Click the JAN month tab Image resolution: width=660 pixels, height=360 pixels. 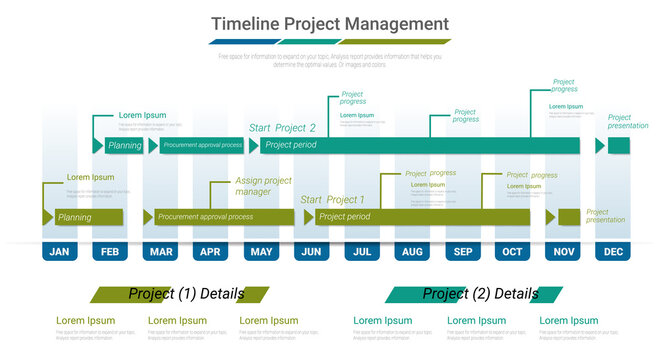(x=60, y=252)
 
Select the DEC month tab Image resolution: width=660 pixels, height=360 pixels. (x=612, y=252)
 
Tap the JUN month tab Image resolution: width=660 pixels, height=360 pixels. (x=311, y=252)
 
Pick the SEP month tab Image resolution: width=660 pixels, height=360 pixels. (x=462, y=252)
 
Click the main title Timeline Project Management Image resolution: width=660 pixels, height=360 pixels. (x=330, y=24)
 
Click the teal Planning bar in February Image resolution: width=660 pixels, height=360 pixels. (x=124, y=146)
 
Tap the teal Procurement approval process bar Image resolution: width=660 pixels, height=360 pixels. (x=202, y=146)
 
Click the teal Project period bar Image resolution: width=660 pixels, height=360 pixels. (x=425, y=146)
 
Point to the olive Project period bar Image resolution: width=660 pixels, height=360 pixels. (x=420, y=217)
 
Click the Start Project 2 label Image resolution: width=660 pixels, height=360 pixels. (x=282, y=128)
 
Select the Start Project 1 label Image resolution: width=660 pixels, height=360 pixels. (x=332, y=200)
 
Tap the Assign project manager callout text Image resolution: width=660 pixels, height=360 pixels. (x=263, y=186)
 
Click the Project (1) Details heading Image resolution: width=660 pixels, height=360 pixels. (x=185, y=294)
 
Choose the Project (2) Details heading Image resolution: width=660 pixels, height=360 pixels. (x=480, y=294)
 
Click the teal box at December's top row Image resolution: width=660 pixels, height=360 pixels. (x=618, y=146)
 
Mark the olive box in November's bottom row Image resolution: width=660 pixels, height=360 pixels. (x=569, y=217)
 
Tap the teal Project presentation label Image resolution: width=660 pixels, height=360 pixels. (x=627, y=121)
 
